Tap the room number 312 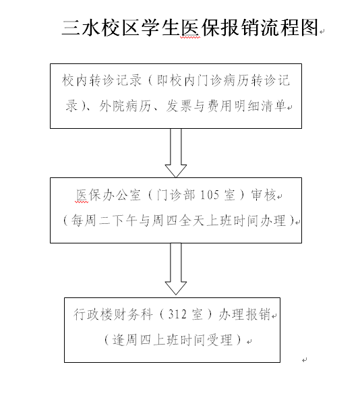pyautogui.click(x=177, y=314)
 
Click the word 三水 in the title pyautogui.click(x=82, y=28)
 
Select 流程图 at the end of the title pyautogui.click(x=290, y=28)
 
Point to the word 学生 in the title pyautogui.click(x=161, y=28)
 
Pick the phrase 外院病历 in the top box pyautogui.click(x=125, y=106)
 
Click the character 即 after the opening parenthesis pyautogui.click(x=163, y=80)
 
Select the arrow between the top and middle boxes pyautogui.click(x=176, y=153)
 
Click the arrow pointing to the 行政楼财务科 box pyautogui.click(x=176, y=269)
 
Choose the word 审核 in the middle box pyautogui.click(x=263, y=195)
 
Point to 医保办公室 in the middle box pyautogui.click(x=108, y=195)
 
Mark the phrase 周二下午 pyautogui.click(x=111, y=221)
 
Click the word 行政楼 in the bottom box pyautogui.click(x=93, y=314)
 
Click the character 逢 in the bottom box pyautogui.click(x=119, y=340)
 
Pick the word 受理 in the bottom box pyautogui.click(x=219, y=340)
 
